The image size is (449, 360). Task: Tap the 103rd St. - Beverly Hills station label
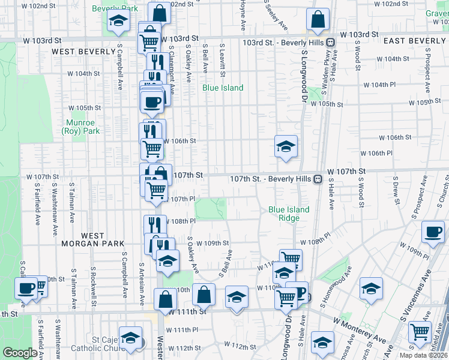click(283, 43)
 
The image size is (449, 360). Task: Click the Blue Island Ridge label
click(289, 214)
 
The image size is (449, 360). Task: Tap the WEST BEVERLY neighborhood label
click(83, 52)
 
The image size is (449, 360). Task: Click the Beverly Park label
click(115, 8)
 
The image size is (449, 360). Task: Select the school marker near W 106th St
click(286, 146)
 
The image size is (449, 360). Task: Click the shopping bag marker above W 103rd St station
click(318, 19)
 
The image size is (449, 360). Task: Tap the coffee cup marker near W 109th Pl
click(433, 231)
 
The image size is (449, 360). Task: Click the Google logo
click(20, 353)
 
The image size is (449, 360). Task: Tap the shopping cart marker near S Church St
click(420, 331)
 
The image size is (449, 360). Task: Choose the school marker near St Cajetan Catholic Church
click(130, 338)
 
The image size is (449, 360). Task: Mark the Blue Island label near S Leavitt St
click(223, 88)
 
